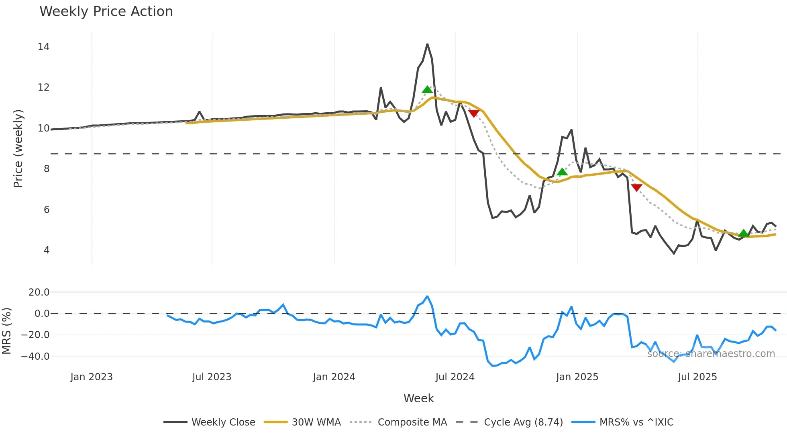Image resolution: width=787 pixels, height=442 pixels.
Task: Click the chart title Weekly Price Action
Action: (x=106, y=11)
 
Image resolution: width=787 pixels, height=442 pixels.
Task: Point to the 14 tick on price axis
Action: (x=43, y=47)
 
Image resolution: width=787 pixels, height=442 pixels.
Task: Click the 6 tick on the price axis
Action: (x=47, y=210)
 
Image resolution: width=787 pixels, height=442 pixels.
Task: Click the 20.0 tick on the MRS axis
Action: (x=39, y=292)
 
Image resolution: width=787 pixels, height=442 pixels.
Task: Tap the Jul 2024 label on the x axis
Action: (x=455, y=377)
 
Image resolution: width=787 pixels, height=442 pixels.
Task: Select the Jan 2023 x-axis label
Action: (x=92, y=377)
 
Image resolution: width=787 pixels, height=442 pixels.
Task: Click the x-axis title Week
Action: (x=418, y=398)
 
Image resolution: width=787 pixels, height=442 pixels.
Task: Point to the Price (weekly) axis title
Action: (x=18, y=148)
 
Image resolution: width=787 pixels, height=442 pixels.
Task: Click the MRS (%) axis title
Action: (x=6, y=331)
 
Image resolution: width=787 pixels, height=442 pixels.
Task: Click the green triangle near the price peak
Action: (x=427, y=89)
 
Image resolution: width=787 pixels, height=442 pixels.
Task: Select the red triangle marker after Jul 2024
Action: (x=474, y=114)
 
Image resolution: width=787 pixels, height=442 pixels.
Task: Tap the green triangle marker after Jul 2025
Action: (x=744, y=233)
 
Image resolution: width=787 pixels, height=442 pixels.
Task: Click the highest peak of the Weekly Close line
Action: (x=427, y=44)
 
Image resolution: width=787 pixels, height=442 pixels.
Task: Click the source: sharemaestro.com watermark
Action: (x=711, y=354)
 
